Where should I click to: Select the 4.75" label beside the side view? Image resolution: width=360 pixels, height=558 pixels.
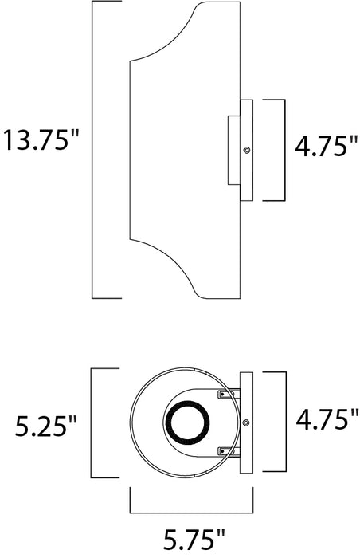(x=322, y=148)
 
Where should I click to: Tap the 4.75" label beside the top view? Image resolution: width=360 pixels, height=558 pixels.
(x=322, y=418)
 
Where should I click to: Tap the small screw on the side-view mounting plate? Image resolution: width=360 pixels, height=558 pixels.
(x=247, y=150)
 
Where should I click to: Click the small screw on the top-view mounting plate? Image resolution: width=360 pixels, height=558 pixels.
(x=247, y=422)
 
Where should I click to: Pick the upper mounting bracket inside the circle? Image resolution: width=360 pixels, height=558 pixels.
(x=226, y=394)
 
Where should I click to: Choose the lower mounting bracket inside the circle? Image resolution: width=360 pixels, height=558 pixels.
(x=226, y=450)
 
